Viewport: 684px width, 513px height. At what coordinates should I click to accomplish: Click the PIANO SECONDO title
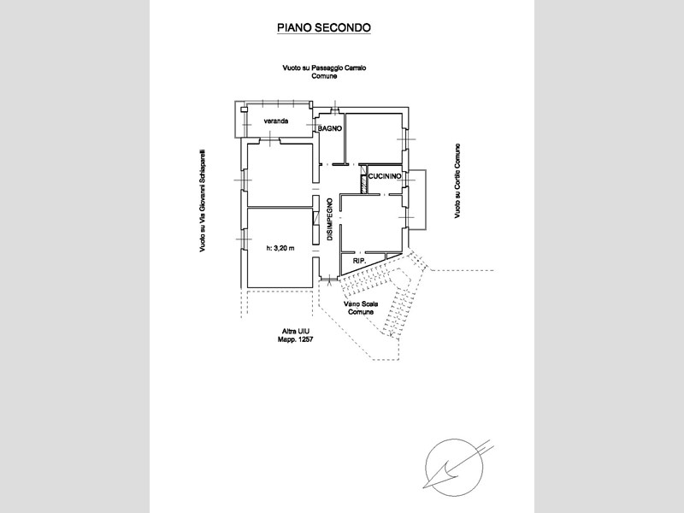(x=324, y=28)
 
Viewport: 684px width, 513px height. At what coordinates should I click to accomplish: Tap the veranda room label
(x=275, y=121)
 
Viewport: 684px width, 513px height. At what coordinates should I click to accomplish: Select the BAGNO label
(x=330, y=129)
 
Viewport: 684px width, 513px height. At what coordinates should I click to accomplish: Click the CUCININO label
(x=385, y=176)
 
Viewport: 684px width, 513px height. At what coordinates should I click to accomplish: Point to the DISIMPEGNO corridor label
(x=330, y=220)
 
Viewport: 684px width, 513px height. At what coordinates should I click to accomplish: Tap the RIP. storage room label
(x=359, y=261)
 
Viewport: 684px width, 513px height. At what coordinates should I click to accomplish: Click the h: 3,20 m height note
(x=280, y=248)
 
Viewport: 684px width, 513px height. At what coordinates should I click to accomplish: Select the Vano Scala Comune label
(x=361, y=308)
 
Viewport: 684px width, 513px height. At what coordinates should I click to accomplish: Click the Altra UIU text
(x=295, y=332)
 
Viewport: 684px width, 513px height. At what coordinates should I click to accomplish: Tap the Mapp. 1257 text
(x=295, y=339)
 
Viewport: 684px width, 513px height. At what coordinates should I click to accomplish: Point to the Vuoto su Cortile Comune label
(x=457, y=181)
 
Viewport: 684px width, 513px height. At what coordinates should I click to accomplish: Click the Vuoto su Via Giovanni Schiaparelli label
(x=203, y=201)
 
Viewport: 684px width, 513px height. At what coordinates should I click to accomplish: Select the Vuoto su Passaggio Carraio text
(x=324, y=68)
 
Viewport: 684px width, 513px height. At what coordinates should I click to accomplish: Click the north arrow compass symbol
(x=455, y=468)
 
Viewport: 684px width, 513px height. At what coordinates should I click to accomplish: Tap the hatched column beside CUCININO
(x=363, y=183)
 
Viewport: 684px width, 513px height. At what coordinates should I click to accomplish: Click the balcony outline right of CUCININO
(x=426, y=199)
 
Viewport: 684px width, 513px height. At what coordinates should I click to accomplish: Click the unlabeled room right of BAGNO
(x=374, y=138)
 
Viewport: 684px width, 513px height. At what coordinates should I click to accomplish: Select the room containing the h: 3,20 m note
(x=280, y=248)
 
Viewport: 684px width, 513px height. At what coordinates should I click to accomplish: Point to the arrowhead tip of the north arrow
(x=423, y=487)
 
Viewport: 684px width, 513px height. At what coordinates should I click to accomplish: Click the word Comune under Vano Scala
(x=361, y=312)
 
